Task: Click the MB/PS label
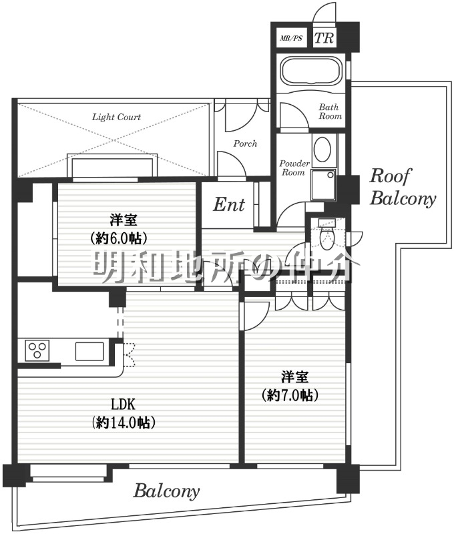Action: [291, 38]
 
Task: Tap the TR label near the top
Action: [324, 38]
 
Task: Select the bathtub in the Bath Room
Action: [310, 72]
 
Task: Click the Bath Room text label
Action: [330, 111]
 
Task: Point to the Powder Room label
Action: [294, 168]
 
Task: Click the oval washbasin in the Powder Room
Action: [322, 150]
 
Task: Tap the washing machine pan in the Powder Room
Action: [323, 184]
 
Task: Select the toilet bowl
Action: [327, 238]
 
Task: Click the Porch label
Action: [245, 144]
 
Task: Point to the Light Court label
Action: [116, 117]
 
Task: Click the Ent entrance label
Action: [229, 205]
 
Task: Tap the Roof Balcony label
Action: [403, 187]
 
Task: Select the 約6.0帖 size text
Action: [119, 238]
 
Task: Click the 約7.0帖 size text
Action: [290, 395]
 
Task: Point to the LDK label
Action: [124, 405]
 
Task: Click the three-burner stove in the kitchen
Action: [37, 350]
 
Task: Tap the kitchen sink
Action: [89, 351]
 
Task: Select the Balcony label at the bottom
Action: [166, 491]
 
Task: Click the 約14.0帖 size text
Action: [124, 423]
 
